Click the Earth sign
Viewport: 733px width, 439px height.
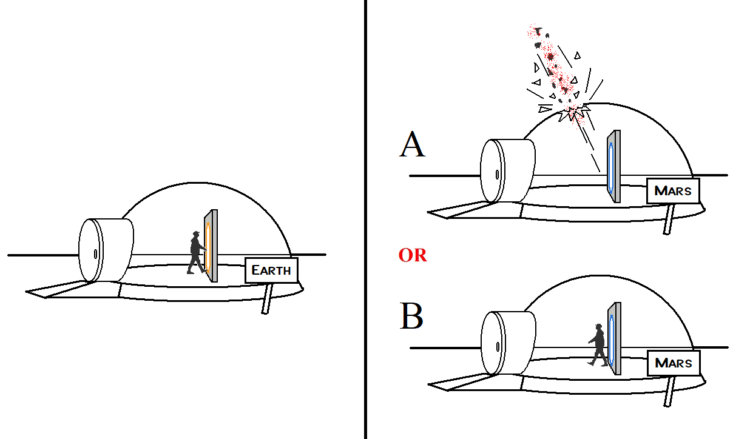[271, 270]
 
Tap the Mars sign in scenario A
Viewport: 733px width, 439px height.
[673, 190]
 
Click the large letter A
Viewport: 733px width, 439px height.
[412, 145]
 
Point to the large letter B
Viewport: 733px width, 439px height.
[412, 317]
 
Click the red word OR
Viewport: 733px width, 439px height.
[413, 255]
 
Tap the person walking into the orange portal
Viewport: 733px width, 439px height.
[197, 252]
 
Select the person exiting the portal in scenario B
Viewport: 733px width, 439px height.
[598, 346]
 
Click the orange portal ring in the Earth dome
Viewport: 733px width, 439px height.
[208, 247]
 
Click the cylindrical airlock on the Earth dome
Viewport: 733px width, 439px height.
[106, 250]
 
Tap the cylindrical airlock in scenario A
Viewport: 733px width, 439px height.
[508, 170]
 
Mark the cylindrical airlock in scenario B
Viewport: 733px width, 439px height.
[508, 343]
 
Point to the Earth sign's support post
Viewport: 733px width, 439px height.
[266, 298]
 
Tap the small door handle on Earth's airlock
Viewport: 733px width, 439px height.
[96, 253]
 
